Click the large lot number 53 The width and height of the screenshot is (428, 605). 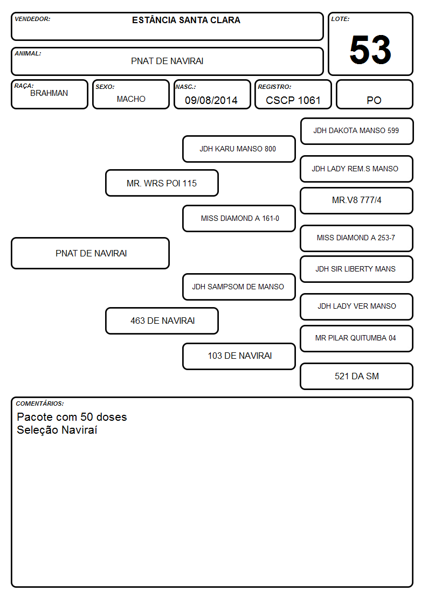coord(370,50)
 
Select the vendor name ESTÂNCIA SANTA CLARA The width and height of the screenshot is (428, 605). coord(186,20)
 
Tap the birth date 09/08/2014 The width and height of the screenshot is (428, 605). coord(211,100)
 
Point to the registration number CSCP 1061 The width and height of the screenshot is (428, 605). coord(293,100)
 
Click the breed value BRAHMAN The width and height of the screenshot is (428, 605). coord(49,93)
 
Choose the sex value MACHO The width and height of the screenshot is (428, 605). coord(131,99)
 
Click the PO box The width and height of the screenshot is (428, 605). coord(374,94)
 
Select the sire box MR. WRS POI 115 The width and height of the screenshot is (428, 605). coord(162,183)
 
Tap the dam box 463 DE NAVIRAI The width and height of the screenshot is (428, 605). coord(162,321)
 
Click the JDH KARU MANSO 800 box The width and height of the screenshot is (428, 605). coord(239,149)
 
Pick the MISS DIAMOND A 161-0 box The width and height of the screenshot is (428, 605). coord(239,218)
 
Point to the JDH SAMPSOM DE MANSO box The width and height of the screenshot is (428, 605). coord(239,287)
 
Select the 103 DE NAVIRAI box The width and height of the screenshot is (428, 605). coord(239,356)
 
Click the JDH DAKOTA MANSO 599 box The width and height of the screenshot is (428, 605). coord(357,131)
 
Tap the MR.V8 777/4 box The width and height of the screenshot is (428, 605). coord(357,200)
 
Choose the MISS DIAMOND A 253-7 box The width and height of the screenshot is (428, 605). coord(357,238)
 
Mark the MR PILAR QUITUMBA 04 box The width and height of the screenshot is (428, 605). coord(357,338)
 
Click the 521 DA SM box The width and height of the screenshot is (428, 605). coord(357,376)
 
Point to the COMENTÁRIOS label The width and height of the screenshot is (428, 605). coord(40,404)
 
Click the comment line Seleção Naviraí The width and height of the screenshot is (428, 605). coord(57,430)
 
